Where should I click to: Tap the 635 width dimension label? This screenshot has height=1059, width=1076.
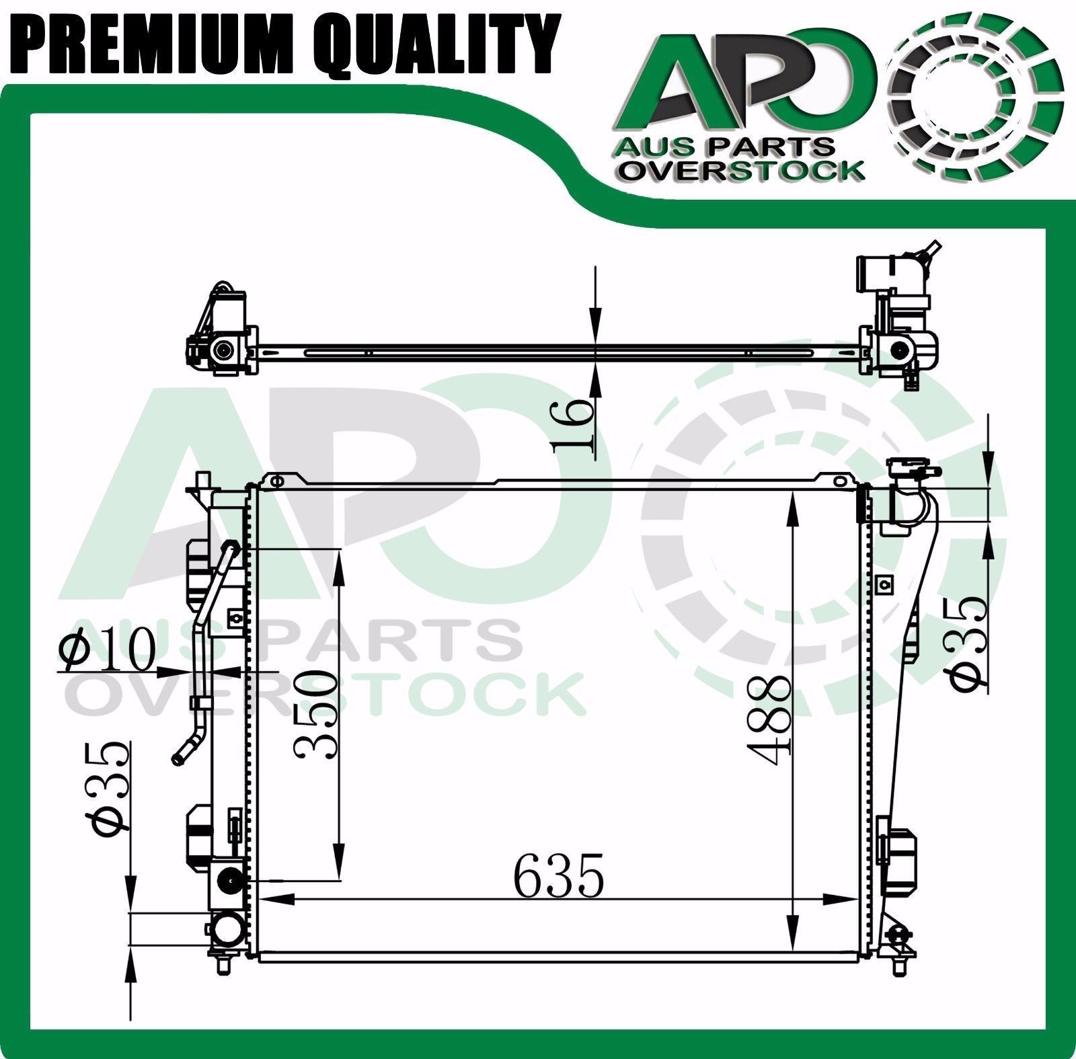(x=559, y=875)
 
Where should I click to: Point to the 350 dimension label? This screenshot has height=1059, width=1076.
(x=315, y=714)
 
